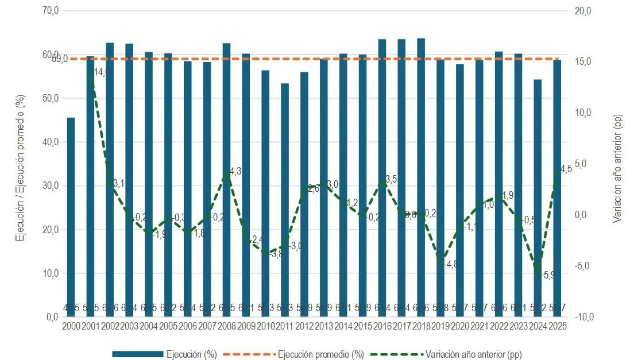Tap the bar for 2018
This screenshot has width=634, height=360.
click(x=421, y=177)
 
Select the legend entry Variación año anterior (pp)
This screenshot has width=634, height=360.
click(x=474, y=354)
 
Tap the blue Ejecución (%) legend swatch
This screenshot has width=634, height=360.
click(x=137, y=354)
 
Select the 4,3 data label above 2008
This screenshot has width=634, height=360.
click(x=235, y=171)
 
